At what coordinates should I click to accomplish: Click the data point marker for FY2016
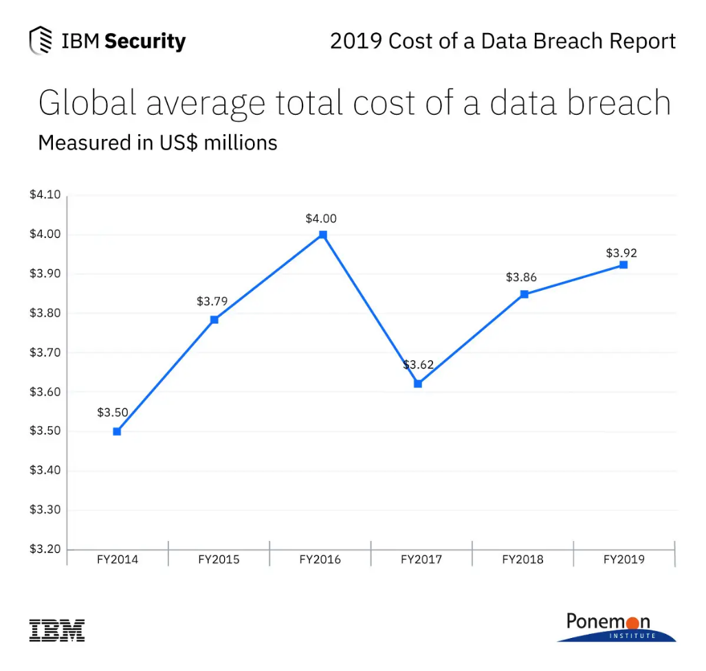pyautogui.click(x=323, y=234)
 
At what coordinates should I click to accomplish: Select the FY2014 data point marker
pyautogui.click(x=117, y=432)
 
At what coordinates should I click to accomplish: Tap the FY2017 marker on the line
pyautogui.click(x=418, y=384)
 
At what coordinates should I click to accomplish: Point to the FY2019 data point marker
pyautogui.click(x=624, y=265)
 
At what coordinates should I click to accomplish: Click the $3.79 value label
pyautogui.click(x=212, y=301)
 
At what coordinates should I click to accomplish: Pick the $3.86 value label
pyautogui.click(x=521, y=278)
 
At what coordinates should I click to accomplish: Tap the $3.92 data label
pyautogui.click(x=621, y=253)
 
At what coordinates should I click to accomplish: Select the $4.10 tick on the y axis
pyautogui.click(x=45, y=195)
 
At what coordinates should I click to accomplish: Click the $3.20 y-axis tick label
pyautogui.click(x=45, y=550)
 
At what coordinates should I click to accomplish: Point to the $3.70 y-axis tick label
pyautogui.click(x=45, y=353)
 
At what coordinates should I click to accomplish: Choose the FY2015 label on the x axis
pyautogui.click(x=219, y=560)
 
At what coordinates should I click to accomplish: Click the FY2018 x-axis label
pyautogui.click(x=522, y=560)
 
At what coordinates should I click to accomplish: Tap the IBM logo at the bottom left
pyautogui.click(x=57, y=630)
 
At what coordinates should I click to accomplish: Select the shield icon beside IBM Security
pyautogui.click(x=41, y=41)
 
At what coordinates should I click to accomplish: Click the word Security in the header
pyautogui.click(x=145, y=41)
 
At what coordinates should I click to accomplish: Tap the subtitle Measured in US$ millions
pyautogui.click(x=157, y=142)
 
